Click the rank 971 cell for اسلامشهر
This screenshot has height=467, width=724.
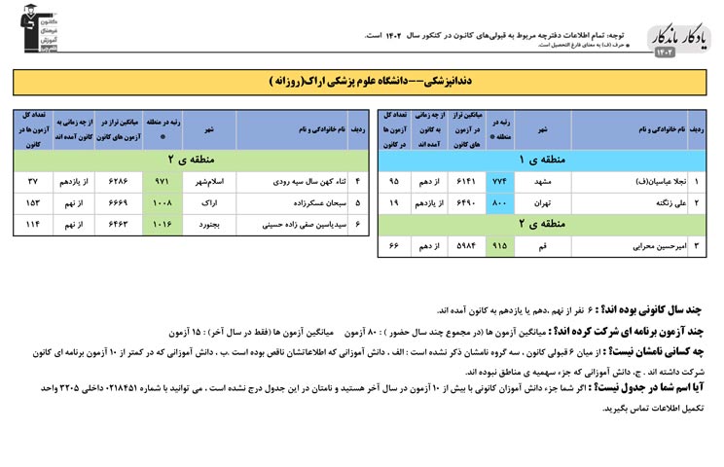pyautogui.click(x=162, y=182)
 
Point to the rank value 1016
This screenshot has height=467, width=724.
pyautogui.click(x=162, y=226)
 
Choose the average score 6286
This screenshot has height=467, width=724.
pyautogui.click(x=116, y=182)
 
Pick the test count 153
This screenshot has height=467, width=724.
pyautogui.click(x=33, y=204)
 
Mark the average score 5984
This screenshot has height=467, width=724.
pyautogui.click(x=466, y=247)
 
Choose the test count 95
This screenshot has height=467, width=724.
pyautogui.click(x=395, y=182)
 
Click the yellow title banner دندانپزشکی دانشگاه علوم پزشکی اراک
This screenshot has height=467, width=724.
pyautogui.click(x=361, y=83)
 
